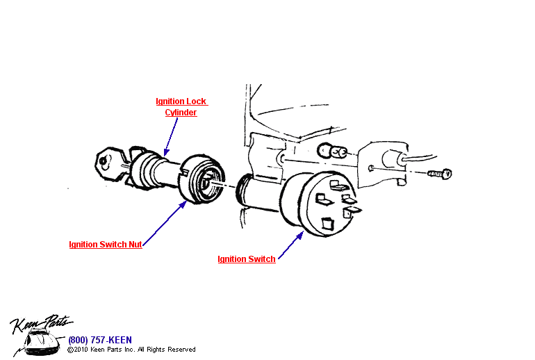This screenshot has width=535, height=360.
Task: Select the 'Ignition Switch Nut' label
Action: (x=106, y=245)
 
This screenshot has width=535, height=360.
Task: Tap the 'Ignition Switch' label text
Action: (x=247, y=259)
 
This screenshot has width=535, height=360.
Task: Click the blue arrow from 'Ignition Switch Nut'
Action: (x=164, y=222)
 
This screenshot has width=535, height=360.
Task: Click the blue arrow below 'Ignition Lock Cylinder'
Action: (x=171, y=136)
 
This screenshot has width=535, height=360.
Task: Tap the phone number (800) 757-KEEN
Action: (x=99, y=340)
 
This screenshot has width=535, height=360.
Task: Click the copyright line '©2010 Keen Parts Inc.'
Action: (x=131, y=350)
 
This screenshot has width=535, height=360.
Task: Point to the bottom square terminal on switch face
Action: (x=327, y=224)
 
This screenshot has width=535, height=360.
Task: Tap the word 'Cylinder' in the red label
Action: (x=181, y=112)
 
